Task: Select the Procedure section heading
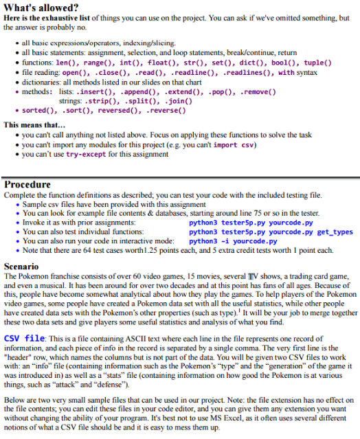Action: (x=27, y=185)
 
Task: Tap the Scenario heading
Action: (x=23, y=265)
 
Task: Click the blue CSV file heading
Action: (x=25, y=339)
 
